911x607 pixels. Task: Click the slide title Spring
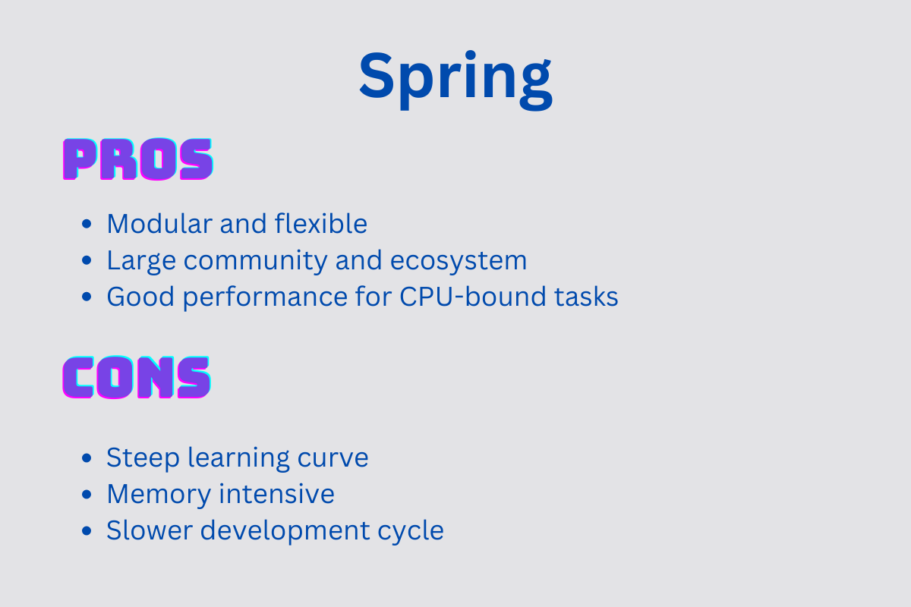(x=455, y=79)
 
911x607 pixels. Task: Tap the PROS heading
(x=138, y=159)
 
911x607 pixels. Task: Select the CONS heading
(x=137, y=377)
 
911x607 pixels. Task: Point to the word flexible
(x=321, y=223)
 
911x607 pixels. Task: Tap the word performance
(x=265, y=297)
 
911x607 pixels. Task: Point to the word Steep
(x=143, y=458)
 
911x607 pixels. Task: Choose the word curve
(x=333, y=458)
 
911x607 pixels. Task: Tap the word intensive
(x=277, y=495)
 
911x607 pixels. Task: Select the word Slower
(x=150, y=530)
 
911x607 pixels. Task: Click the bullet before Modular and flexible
(x=87, y=224)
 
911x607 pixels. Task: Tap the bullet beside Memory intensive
(x=87, y=495)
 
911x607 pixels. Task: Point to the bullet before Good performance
(x=87, y=297)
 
